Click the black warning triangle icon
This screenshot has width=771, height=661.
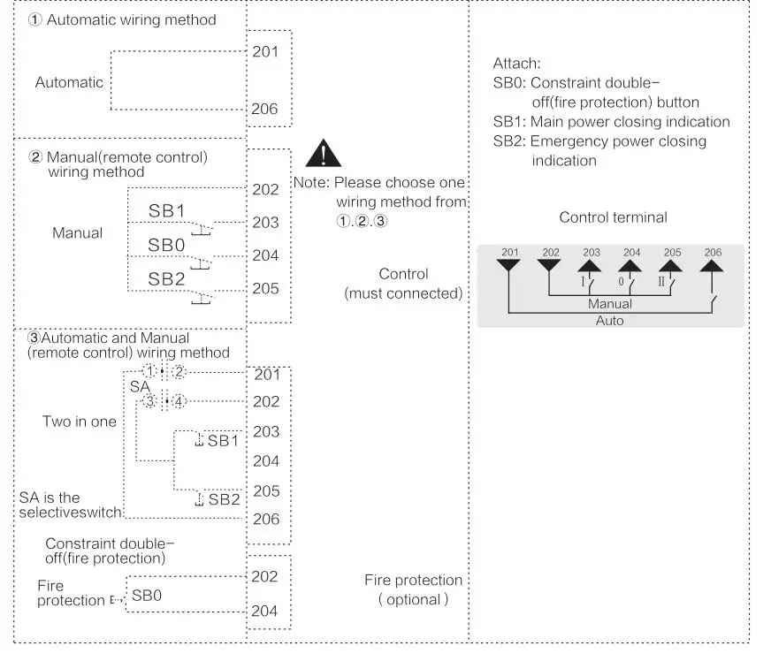coord(323,154)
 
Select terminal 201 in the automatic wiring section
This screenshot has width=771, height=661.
coord(265,51)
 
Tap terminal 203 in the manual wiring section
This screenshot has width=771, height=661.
coord(265,223)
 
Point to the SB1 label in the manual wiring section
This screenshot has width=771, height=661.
coord(166,212)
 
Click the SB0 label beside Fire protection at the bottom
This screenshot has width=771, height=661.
coord(147,595)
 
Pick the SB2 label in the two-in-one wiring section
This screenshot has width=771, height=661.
coord(224,499)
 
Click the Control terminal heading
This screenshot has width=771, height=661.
coord(613,217)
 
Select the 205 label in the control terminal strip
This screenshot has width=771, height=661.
coord(671,252)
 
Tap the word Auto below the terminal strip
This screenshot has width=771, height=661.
coord(610,321)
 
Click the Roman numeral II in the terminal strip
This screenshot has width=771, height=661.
coord(660,282)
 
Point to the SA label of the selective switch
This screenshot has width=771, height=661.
coord(139,387)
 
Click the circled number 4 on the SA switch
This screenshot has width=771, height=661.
coord(180,402)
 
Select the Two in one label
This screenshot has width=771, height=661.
coord(80,422)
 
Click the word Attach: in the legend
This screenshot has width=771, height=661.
coord(516,64)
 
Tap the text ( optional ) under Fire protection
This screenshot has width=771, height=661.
coord(414,599)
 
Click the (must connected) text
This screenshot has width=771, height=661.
coord(403,293)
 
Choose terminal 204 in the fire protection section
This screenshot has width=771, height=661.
coord(265,611)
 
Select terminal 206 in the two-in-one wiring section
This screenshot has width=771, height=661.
coord(266,520)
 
